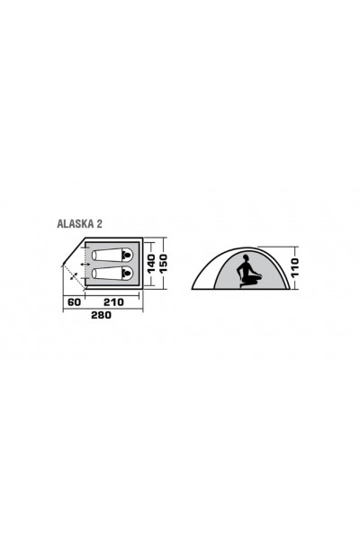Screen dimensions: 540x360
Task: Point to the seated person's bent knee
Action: pyautogui.click(x=257, y=275)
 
